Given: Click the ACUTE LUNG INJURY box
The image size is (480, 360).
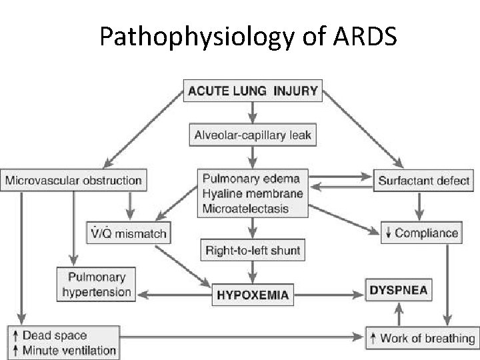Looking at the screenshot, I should tap(252, 91).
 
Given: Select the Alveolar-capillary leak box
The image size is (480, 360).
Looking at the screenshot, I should tap(252, 136).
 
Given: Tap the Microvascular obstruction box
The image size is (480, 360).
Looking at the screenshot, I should tap(73, 180).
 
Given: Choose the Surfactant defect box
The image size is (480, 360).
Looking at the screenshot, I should tap(424, 180).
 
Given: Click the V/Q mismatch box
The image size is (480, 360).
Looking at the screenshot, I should tap(128, 233).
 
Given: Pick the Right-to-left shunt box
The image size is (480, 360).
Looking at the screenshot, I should tap(252, 251).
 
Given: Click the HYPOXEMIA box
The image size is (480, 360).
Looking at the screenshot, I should tap(253, 294).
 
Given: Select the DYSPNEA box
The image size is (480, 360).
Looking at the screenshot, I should tap(397, 291).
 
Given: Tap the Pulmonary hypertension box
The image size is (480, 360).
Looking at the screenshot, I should tap(97, 283).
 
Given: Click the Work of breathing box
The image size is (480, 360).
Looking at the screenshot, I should tap(421, 338).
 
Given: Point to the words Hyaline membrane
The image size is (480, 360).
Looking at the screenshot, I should tap(252, 194).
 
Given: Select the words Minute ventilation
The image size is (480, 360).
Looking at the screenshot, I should tap(69, 350).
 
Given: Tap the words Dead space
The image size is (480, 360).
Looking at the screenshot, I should tap(55, 335).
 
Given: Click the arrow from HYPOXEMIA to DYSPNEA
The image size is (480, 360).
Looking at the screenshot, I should tap(330, 293).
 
